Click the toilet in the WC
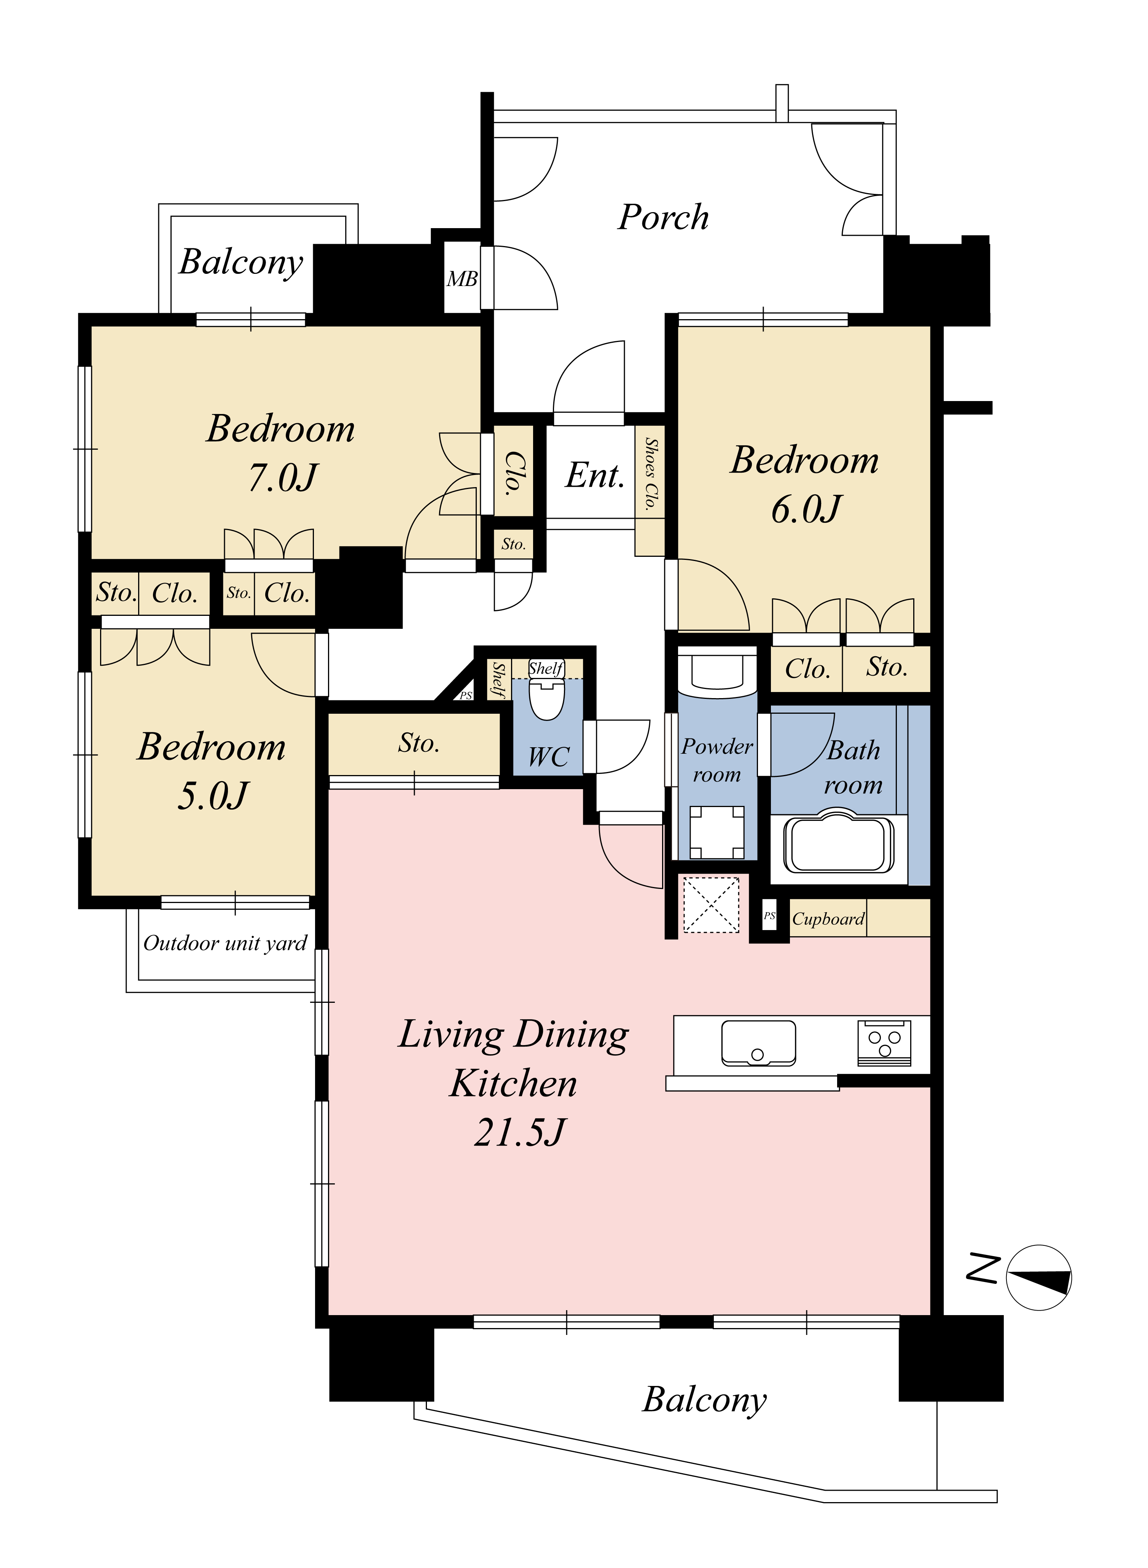(547, 695)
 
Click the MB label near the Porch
(462, 279)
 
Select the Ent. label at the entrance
(595, 476)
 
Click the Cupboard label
(828, 919)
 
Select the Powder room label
(717, 760)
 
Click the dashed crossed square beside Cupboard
(711, 904)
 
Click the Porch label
(664, 217)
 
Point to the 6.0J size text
(806, 509)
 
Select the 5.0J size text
(213, 796)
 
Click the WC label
(548, 756)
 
